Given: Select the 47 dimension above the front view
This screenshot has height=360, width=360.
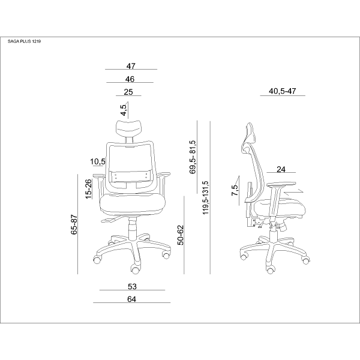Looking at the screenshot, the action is click(x=131, y=66).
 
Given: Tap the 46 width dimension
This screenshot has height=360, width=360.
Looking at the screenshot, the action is click(x=130, y=79).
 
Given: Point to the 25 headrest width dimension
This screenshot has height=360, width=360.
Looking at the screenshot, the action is click(x=128, y=92).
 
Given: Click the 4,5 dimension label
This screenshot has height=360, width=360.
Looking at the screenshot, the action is click(x=124, y=110).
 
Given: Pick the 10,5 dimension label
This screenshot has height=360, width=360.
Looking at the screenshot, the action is click(x=98, y=161).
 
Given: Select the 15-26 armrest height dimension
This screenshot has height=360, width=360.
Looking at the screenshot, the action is click(x=88, y=189).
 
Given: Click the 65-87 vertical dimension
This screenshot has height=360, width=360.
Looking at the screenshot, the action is click(x=74, y=224).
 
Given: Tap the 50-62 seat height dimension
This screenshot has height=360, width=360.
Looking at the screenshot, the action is click(x=181, y=235).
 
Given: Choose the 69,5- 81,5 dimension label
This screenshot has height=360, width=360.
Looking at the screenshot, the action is click(x=193, y=157).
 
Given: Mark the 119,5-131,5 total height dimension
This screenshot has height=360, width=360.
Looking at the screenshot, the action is click(x=205, y=197).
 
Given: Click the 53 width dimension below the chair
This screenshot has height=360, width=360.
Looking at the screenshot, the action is click(x=132, y=286).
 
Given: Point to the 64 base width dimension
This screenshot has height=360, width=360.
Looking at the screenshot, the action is click(x=131, y=299).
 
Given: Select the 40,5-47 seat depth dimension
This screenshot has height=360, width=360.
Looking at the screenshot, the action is click(x=283, y=91).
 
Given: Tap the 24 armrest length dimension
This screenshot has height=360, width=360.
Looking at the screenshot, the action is click(x=281, y=169).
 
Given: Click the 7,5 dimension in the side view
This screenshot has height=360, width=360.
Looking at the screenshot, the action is click(x=235, y=190).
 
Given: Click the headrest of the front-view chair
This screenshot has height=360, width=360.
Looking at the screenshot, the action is click(x=129, y=128).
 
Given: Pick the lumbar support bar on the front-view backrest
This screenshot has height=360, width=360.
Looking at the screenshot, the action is click(x=131, y=176).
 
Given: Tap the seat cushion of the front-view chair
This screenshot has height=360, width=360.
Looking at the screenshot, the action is click(x=133, y=204).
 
